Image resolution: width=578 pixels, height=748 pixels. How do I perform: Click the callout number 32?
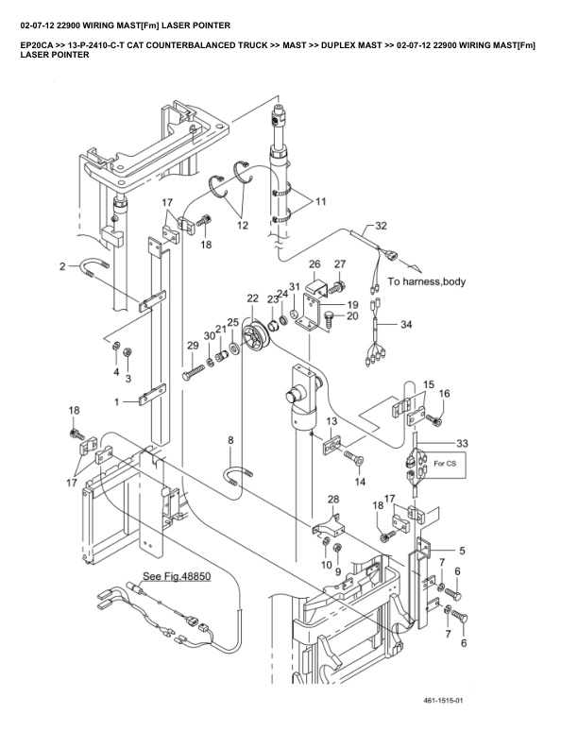coord(381,227)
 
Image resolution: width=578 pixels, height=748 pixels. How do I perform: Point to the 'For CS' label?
coord(444,465)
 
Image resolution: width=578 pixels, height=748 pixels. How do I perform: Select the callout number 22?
coord(252,298)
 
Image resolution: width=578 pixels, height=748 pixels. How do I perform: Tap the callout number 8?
coord(230,440)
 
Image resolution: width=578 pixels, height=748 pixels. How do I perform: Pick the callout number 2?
coord(62,267)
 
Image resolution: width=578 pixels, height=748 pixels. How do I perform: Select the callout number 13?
coord(332,421)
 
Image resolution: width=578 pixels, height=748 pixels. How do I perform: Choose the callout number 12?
coord(243,226)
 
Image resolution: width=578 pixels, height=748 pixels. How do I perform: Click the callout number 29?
coord(193,348)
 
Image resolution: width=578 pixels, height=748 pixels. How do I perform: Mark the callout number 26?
coord(314,263)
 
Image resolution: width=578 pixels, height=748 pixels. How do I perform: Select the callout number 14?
coord(359,482)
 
